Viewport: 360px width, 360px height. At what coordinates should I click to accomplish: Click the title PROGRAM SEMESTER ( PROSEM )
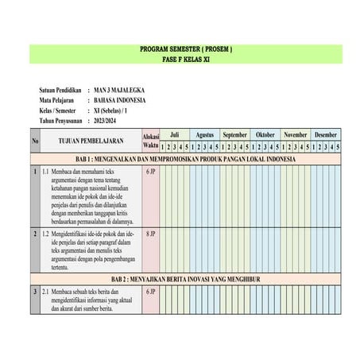186,48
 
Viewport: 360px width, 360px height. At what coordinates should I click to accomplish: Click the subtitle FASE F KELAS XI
186,59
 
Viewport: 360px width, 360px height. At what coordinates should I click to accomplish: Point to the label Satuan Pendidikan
61,91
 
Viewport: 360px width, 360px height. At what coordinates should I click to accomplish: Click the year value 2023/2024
110,121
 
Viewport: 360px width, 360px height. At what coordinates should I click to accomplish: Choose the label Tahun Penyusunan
63,121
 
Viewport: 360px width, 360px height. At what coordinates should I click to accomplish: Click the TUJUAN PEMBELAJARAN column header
91,141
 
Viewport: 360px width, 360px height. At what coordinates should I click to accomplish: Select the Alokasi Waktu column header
150,141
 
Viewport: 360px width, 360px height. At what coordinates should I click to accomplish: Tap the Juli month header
174,135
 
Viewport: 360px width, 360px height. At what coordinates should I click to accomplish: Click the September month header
235,135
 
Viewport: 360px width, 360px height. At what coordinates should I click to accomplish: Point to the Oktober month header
265,135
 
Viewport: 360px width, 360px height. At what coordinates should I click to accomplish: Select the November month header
296,135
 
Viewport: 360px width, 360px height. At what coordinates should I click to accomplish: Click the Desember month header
326,135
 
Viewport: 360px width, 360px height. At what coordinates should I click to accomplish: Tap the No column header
35,141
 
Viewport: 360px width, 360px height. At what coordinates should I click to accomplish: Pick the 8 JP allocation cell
150,234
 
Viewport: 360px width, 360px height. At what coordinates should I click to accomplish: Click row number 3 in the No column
35,292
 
